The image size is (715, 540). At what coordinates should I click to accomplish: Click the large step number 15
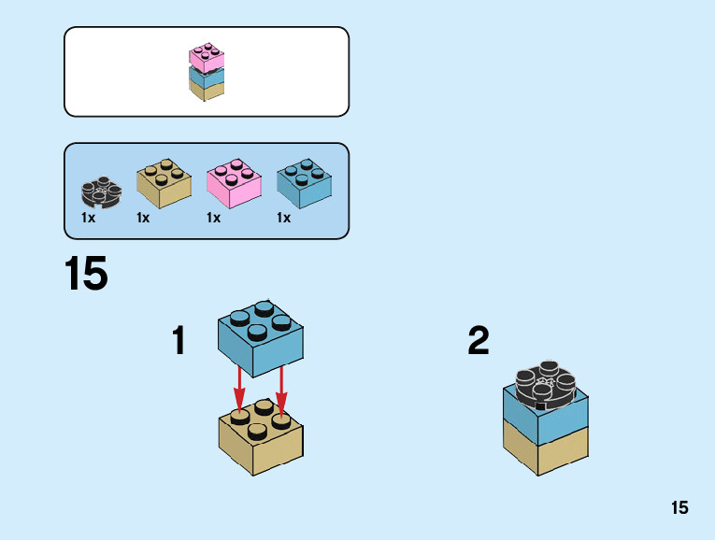coord(86,275)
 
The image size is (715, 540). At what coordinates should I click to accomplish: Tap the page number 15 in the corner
coord(679,507)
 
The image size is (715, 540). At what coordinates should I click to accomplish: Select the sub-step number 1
coord(179,341)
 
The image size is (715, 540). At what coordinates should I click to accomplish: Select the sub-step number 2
coord(479,341)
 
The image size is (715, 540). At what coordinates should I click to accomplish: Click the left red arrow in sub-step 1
coord(239,385)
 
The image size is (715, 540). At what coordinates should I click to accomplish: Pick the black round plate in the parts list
coord(100,192)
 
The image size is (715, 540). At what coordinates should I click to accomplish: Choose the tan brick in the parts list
coord(164,182)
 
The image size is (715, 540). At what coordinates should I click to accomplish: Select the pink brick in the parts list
coord(234,182)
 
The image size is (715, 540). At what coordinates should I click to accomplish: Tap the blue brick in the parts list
coord(305,182)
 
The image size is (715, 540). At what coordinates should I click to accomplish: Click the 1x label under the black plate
coord(88,218)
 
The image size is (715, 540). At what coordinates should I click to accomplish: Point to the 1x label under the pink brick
coord(213,218)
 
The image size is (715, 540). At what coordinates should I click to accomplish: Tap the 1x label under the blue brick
coord(283,218)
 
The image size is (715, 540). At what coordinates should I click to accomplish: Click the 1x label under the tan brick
coord(143,218)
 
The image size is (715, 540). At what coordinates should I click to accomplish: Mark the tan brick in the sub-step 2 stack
coord(545,446)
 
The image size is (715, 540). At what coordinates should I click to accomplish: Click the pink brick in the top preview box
coord(207,57)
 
